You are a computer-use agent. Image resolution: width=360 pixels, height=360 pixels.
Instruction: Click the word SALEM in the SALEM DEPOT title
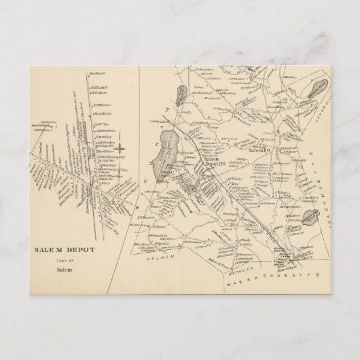pos(46,249)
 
